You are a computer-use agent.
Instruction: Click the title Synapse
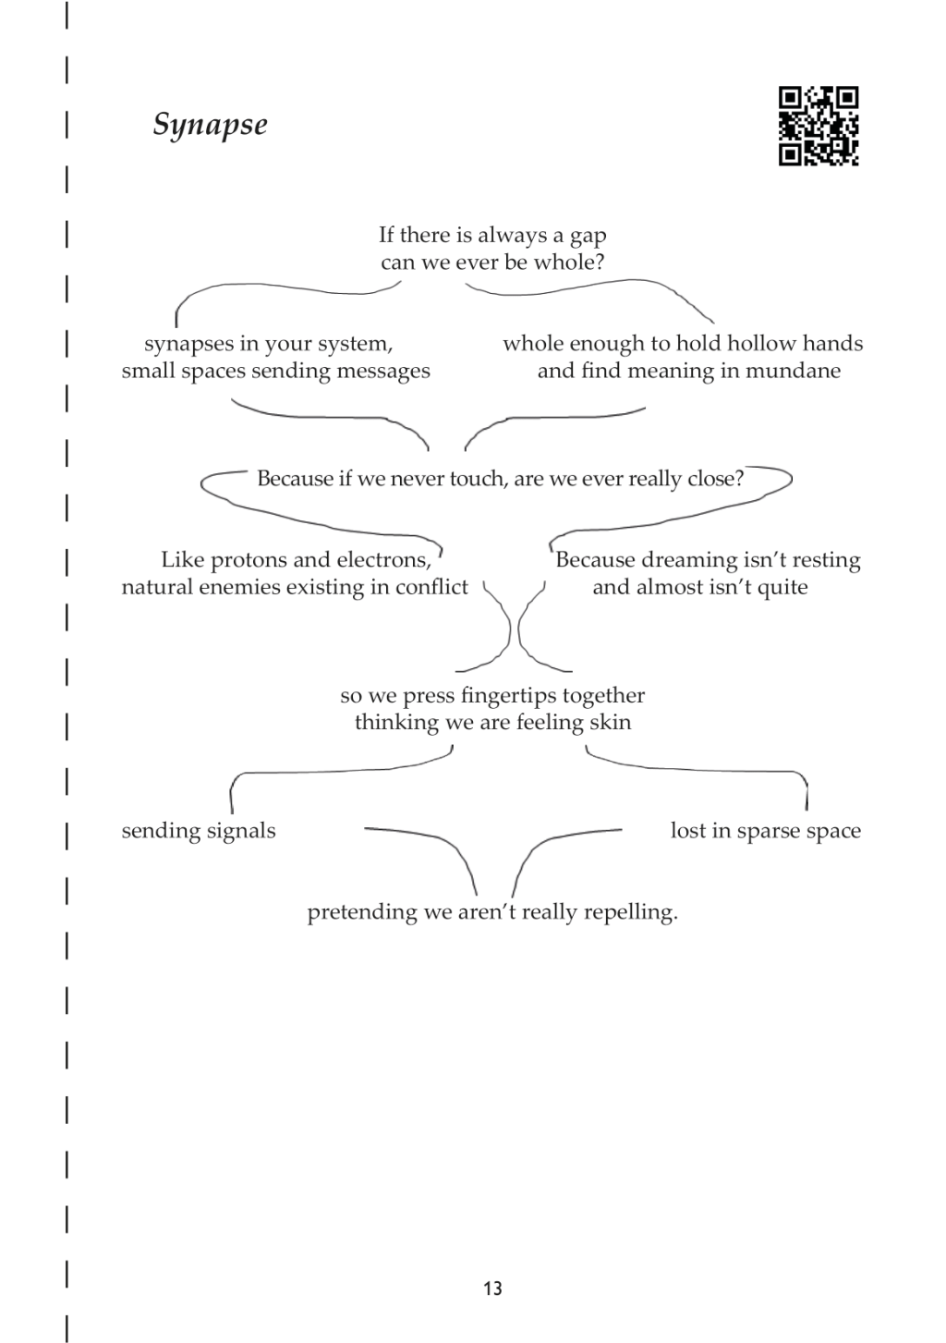(210, 126)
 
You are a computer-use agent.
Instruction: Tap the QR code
(819, 126)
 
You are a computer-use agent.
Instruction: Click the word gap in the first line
(588, 237)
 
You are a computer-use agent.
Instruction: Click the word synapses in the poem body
(188, 345)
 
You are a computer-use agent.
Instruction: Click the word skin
(611, 721)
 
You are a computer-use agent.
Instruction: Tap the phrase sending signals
(199, 832)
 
